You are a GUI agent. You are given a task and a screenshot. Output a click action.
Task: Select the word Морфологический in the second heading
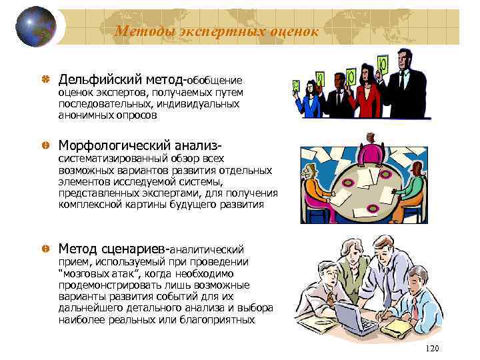pyautogui.click(x=113, y=145)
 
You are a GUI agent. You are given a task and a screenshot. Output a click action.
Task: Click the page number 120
pyautogui.click(x=433, y=349)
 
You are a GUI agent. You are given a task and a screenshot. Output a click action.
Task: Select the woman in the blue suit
pyautogui.click(x=311, y=100)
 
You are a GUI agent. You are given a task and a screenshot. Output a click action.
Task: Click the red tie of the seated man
pyautogui.click(x=414, y=307)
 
